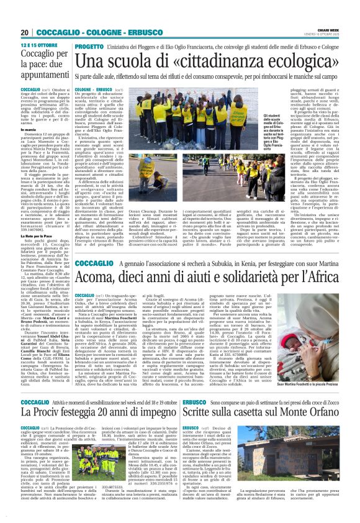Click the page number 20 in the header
click(x=25, y=33)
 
